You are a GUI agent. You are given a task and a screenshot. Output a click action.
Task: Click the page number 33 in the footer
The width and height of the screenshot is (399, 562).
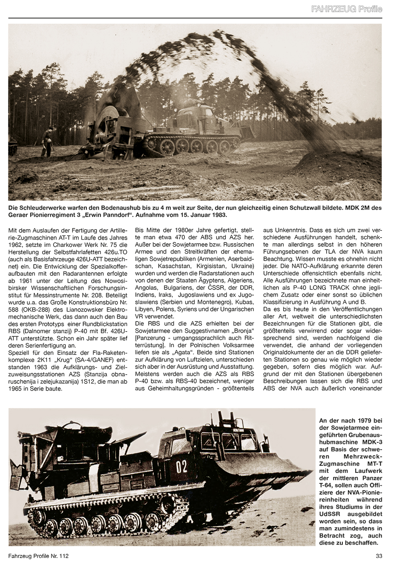pos(378,556)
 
